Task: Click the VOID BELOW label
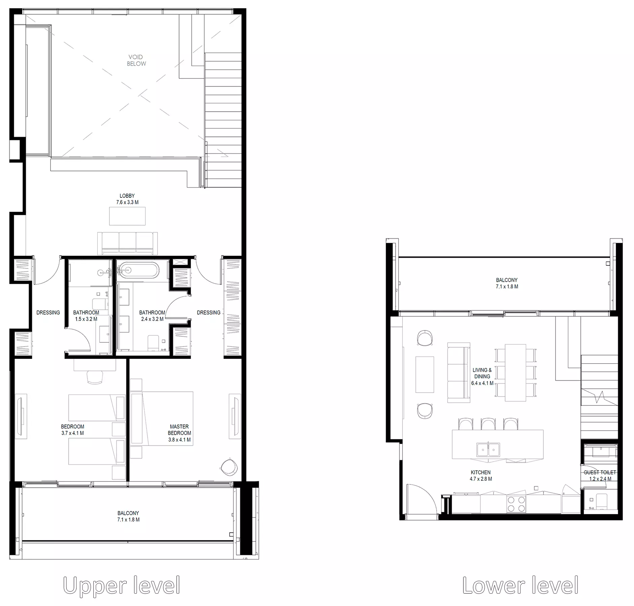(x=136, y=60)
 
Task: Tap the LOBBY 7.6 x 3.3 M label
(x=127, y=199)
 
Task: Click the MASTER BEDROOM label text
(x=179, y=430)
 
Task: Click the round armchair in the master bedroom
(x=229, y=467)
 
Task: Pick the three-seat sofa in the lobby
(x=127, y=243)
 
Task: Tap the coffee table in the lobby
(x=127, y=216)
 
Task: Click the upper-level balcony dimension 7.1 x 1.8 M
(x=128, y=519)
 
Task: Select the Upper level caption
(x=121, y=585)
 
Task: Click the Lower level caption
(x=520, y=585)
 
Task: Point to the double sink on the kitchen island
(x=488, y=450)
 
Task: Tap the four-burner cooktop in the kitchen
(x=516, y=504)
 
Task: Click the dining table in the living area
(x=515, y=372)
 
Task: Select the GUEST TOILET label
(x=600, y=472)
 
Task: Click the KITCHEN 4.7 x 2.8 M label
(x=481, y=475)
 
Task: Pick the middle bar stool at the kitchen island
(x=488, y=424)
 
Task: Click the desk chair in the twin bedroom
(x=95, y=377)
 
